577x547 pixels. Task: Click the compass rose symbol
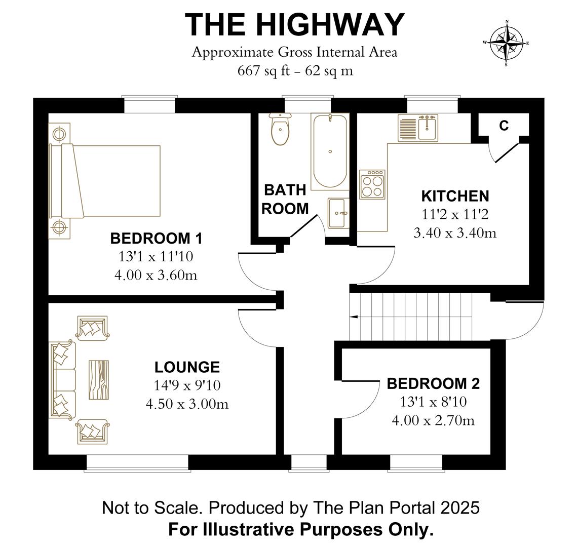[x=506, y=43]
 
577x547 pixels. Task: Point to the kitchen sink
[x=418, y=128]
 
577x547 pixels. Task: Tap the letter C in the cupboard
[x=504, y=126]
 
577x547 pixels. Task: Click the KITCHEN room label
[x=455, y=196]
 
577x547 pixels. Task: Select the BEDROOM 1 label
[x=156, y=238]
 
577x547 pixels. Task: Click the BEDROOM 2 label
[x=433, y=383]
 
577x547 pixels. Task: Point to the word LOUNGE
[x=187, y=367]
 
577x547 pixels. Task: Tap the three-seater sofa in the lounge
[x=62, y=380]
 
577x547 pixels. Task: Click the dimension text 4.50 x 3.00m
[x=187, y=404]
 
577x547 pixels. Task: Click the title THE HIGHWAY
[x=294, y=24]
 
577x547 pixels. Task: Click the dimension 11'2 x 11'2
[x=455, y=215]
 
